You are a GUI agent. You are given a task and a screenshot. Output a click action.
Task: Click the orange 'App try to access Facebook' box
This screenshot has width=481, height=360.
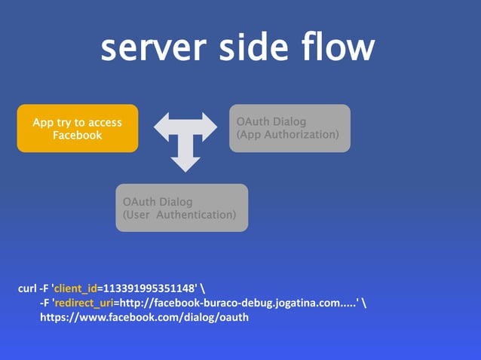click(x=78, y=129)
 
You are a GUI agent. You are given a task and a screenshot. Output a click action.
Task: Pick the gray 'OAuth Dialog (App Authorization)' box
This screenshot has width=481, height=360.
click(x=290, y=128)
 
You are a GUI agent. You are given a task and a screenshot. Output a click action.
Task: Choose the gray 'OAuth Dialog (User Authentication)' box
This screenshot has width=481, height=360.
click(x=182, y=208)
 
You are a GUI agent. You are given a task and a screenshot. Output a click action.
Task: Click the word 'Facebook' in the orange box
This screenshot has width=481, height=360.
click(x=78, y=136)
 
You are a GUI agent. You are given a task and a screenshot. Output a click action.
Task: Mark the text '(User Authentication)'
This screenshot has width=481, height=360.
click(x=179, y=215)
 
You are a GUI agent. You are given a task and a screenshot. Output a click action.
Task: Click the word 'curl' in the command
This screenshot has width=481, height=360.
click(x=27, y=288)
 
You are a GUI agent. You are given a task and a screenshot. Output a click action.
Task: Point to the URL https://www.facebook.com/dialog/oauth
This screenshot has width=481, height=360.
click(x=145, y=317)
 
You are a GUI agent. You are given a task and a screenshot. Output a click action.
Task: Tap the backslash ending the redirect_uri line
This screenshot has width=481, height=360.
click(x=366, y=303)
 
